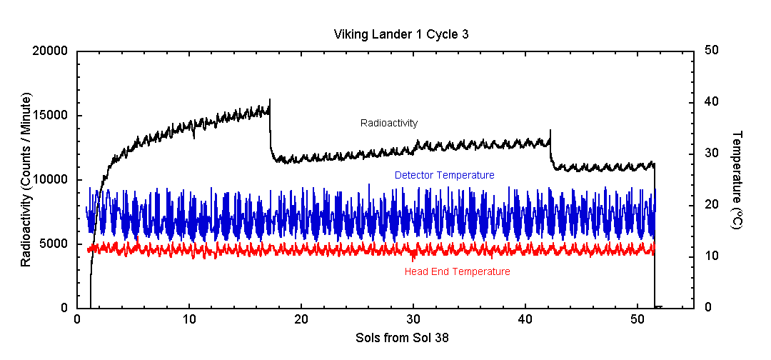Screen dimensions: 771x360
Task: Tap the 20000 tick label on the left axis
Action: tap(51, 51)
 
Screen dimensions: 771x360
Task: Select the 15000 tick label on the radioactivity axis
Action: tap(51, 116)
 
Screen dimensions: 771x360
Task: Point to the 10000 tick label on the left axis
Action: tap(51, 180)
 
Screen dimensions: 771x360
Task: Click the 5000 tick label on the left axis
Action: tap(54, 244)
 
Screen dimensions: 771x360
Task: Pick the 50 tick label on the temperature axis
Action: tap(712, 51)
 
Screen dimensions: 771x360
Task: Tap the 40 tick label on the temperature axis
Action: tap(712, 102)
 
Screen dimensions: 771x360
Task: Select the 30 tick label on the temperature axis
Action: tap(712, 154)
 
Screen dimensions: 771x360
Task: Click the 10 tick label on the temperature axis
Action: tap(712, 256)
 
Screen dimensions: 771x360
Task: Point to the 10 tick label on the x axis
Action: tap(189, 319)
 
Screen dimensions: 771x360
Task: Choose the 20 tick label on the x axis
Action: tap(301, 319)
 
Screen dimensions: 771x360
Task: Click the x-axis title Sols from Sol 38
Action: tap(402, 338)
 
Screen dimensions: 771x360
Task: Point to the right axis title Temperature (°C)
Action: tap(737, 180)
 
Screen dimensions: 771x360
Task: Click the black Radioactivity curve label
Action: tap(389, 123)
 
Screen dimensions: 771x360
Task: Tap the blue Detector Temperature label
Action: tap(445, 174)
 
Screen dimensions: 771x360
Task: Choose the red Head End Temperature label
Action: tap(457, 271)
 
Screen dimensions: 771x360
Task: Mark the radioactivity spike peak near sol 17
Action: tap(269, 99)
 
